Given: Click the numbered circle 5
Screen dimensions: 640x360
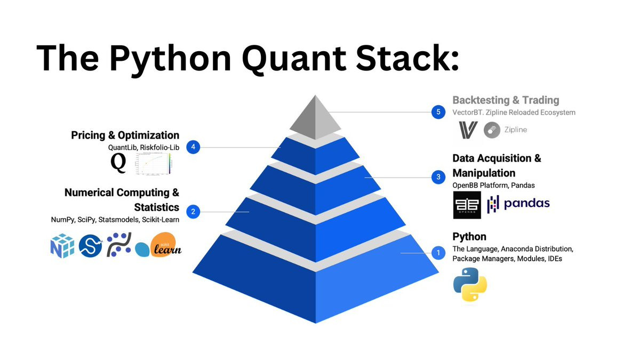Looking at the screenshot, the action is click(438, 112).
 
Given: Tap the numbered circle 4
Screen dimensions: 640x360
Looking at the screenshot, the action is click(193, 147).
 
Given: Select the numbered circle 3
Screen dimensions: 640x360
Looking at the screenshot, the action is click(438, 177).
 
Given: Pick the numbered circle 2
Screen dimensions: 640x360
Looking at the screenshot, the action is click(193, 212).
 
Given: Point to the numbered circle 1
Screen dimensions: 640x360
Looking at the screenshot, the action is click(438, 253).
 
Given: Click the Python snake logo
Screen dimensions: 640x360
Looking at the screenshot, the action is click(470, 284).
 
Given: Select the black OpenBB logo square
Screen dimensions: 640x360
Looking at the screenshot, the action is click(467, 205).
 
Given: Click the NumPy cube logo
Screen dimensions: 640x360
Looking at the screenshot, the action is click(62, 246).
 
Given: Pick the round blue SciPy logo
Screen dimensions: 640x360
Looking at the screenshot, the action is click(90, 246).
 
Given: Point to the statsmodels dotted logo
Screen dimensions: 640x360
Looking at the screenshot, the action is click(119, 245).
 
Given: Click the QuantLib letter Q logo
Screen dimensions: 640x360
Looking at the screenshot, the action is click(118, 163).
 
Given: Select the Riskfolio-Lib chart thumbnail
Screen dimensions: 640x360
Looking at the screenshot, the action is click(154, 163).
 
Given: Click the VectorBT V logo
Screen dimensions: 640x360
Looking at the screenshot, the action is click(468, 130).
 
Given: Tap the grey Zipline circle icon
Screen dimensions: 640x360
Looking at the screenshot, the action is click(492, 130).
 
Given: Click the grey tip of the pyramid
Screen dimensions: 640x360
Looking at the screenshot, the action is click(315, 118).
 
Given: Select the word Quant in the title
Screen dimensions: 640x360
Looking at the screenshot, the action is click(294, 59).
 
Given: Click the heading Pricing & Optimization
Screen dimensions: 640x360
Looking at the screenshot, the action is click(125, 135).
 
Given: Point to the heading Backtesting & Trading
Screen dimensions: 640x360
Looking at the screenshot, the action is click(506, 100).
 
